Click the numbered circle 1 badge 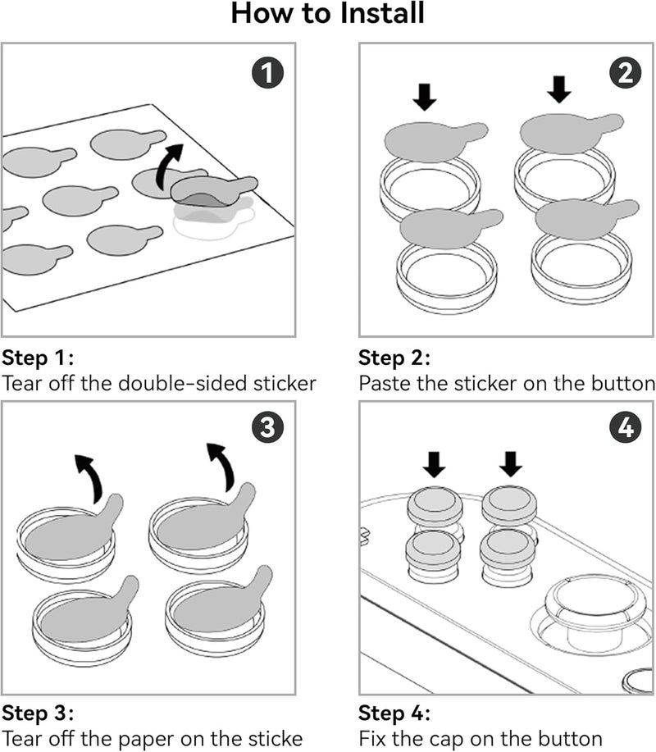pyautogui.click(x=267, y=75)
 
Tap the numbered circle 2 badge pyautogui.click(x=625, y=75)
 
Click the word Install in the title pyautogui.click(x=376, y=15)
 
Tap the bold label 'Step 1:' pyautogui.click(x=38, y=358)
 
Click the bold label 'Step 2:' pyautogui.click(x=394, y=358)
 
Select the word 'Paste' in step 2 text pyautogui.click(x=385, y=383)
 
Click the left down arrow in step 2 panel pyautogui.click(x=425, y=97)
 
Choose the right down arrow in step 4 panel pyautogui.click(x=510, y=465)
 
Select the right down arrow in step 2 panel pyautogui.click(x=559, y=89)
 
